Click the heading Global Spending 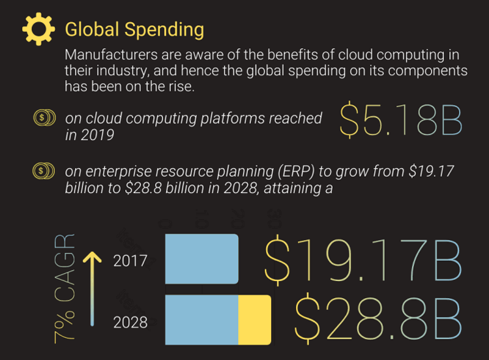click(x=134, y=29)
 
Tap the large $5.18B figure click(x=401, y=121)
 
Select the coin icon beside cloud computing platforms click(x=42, y=118)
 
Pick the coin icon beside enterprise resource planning click(x=42, y=172)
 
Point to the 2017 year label click(x=130, y=262)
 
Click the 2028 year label click(x=130, y=322)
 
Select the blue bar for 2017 click(x=202, y=259)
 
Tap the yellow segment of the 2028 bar click(x=254, y=320)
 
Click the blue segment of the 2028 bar click(x=202, y=320)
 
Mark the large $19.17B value click(x=363, y=260)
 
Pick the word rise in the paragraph click(x=179, y=86)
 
